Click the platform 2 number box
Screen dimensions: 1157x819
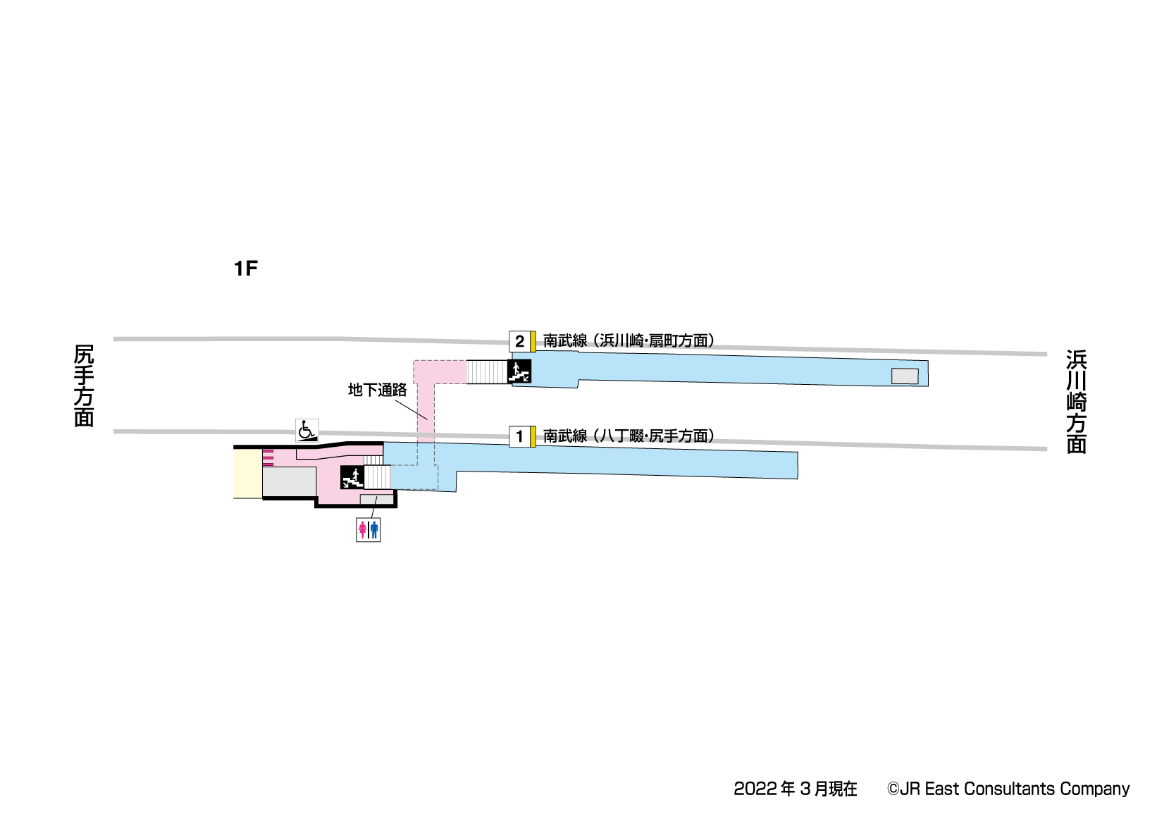519,342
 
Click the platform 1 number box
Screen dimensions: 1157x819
519,436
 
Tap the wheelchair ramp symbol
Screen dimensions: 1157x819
307,431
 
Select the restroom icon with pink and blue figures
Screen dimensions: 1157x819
369,529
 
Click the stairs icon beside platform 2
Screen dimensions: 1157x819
519,371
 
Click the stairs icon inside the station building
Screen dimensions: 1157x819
352,477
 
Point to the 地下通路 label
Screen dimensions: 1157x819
378,390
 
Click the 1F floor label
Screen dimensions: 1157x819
246,269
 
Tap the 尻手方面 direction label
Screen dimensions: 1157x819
84,386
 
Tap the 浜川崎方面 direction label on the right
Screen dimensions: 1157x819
1077,402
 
